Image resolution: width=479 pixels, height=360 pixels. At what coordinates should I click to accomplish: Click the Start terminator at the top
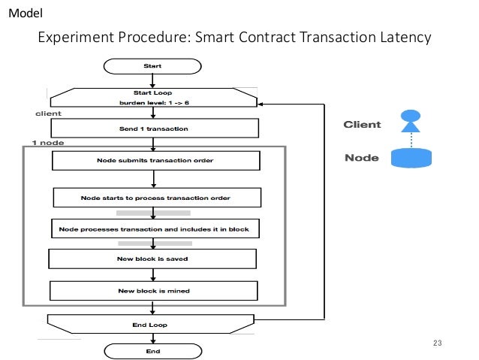[x=152, y=66]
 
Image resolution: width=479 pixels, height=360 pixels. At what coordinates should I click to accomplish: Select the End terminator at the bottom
[x=152, y=350]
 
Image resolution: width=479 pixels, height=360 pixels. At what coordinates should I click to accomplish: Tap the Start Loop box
[x=154, y=97]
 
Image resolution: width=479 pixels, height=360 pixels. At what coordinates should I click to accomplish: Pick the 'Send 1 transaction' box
[x=154, y=129]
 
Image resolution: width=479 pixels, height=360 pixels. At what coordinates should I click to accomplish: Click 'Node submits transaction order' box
[x=155, y=161]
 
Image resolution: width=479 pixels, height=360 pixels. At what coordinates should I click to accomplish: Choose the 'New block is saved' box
[x=153, y=259]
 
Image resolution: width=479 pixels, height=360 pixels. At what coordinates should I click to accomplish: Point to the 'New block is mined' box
[x=153, y=290]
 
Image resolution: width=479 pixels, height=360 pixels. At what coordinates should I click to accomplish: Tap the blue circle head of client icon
[x=411, y=116]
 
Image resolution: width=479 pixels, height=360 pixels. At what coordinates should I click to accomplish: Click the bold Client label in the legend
[x=362, y=125]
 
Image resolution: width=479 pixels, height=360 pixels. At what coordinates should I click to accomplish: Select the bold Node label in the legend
[x=361, y=159]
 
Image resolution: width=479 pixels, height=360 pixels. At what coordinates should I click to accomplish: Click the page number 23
[x=438, y=343]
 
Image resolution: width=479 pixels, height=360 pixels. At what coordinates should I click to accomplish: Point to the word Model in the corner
[x=24, y=14]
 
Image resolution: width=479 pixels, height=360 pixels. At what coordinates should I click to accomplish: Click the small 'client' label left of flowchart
[x=48, y=113]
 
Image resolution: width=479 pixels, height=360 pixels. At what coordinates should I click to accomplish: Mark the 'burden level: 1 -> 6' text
[x=153, y=101]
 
